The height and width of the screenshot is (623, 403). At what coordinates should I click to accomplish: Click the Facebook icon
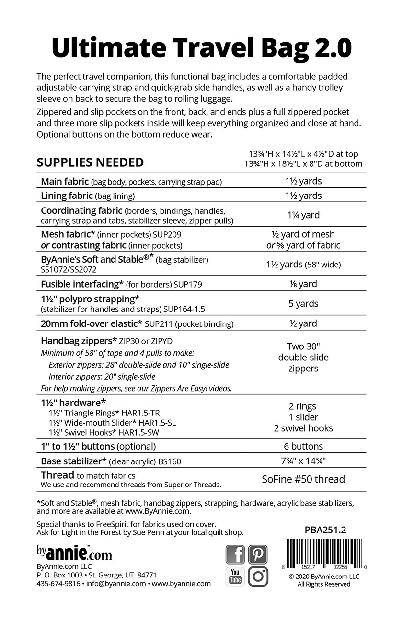tap(235, 554)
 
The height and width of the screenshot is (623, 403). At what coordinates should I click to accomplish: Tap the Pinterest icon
tap(258, 554)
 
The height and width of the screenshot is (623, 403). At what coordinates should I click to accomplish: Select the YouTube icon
tap(235, 577)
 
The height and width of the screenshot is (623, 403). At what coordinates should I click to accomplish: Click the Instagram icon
tap(258, 577)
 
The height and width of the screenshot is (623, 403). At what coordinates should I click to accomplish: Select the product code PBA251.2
tap(325, 530)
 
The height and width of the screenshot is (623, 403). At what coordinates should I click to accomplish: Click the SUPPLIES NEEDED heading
tap(90, 162)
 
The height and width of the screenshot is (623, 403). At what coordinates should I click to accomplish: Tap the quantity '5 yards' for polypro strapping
tap(303, 304)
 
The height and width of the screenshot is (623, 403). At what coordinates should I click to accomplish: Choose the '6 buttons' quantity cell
tap(303, 446)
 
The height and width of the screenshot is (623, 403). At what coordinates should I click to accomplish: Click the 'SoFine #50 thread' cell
tap(303, 479)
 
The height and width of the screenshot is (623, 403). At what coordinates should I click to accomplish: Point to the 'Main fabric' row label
tap(65, 182)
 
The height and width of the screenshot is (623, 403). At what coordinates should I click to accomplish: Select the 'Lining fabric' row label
tap(67, 196)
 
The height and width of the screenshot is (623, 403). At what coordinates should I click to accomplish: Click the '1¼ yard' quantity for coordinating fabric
tap(303, 215)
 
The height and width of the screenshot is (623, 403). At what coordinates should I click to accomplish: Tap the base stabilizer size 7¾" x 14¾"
tap(303, 461)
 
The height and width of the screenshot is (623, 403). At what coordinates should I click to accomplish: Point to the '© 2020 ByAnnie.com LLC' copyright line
tap(324, 577)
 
